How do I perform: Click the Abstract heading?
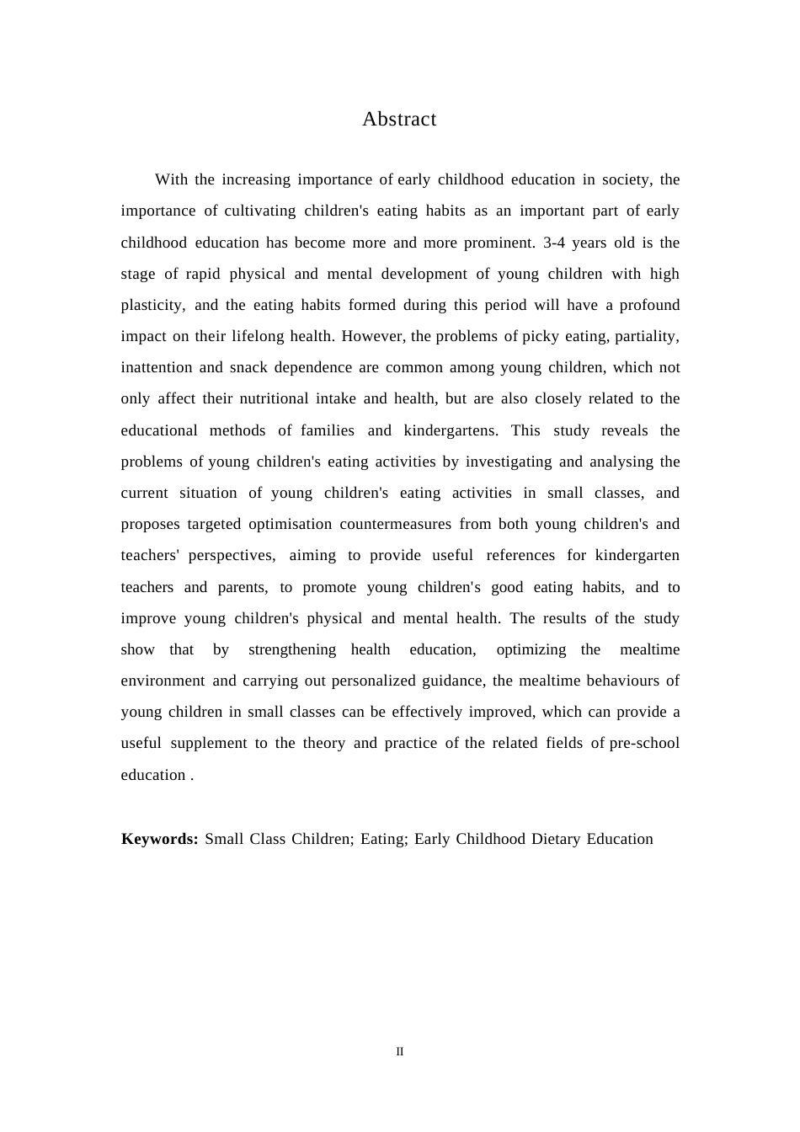[399, 120]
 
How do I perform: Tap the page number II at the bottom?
[400, 1051]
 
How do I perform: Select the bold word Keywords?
[159, 839]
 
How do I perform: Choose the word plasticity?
[152, 305]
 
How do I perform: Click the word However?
[374, 336]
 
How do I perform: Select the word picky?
[540, 336]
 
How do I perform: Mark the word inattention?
[155, 367]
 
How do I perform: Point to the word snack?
[248, 367]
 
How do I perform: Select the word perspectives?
[232, 555]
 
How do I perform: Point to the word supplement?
[208, 743]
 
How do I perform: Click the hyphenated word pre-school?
[644, 743]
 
